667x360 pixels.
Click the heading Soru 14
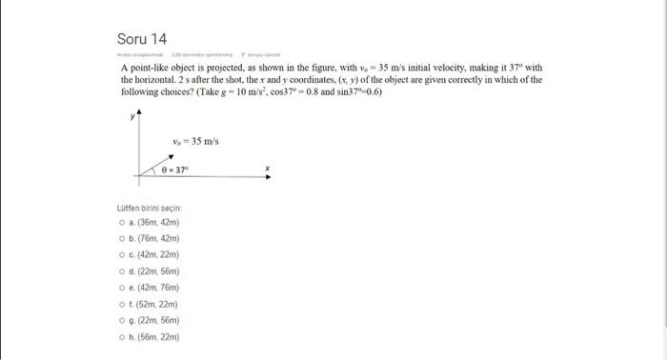pyautogui.click(x=141, y=40)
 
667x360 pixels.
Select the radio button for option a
pyautogui.click(x=111, y=222)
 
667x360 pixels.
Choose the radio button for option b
pyautogui.click(x=111, y=238)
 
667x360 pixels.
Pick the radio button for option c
pyautogui.click(x=111, y=255)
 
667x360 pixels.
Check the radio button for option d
pyautogui.click(x=111, y=271)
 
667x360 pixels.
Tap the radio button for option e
pyautogui.click(x=111, y=289)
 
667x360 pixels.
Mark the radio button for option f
pyautogui.click(x=111, y=305)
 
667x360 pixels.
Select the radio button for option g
pyautogui.click(x=111, y=321)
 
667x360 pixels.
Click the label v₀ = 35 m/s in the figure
pyautogui.click(x=195, y=142)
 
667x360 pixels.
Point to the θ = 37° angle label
pyautogui.click(x=175, y=170)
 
